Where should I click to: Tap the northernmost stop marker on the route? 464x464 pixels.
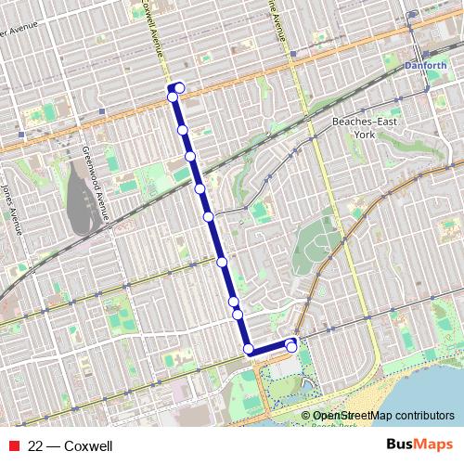coord(179,88)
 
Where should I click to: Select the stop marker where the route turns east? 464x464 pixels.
coord(248,349)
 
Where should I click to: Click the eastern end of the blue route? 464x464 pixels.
coord(292,347)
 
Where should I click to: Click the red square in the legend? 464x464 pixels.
coord(14,446)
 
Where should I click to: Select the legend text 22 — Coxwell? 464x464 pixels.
coord(71,446)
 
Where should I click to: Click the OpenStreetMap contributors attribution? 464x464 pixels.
coord(382,416)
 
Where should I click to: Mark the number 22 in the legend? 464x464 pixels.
coord(35,446)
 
